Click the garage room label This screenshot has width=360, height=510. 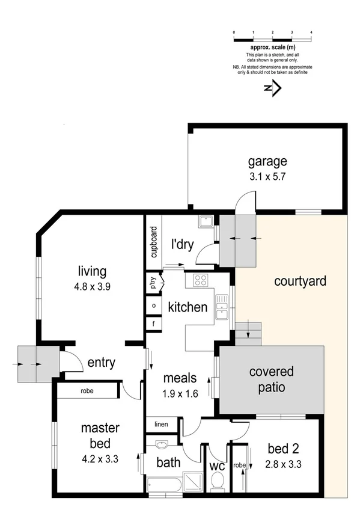click(x=267, y=161)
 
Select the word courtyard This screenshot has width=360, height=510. click(x=300, y=281)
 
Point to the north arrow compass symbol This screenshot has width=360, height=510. click(x=272, y=88)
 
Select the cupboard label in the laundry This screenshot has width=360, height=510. click(x=154, y=242)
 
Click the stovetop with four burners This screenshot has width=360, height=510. click(x=200, y=280)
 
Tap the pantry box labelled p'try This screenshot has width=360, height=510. click(x=153, y=282)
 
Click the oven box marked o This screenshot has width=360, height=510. click(x=154, y=305)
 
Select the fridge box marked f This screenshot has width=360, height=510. click(x=154, y=324)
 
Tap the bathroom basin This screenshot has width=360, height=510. click(x=162, y=446)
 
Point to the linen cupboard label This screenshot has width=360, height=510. click(x=162, y=425)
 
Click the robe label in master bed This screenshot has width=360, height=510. click(x=87, y=390)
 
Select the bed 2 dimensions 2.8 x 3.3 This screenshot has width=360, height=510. click(x=282, y=464)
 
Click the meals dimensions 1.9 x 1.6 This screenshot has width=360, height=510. click(x=180, y=394)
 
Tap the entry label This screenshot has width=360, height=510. click(x=101, y=363)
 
